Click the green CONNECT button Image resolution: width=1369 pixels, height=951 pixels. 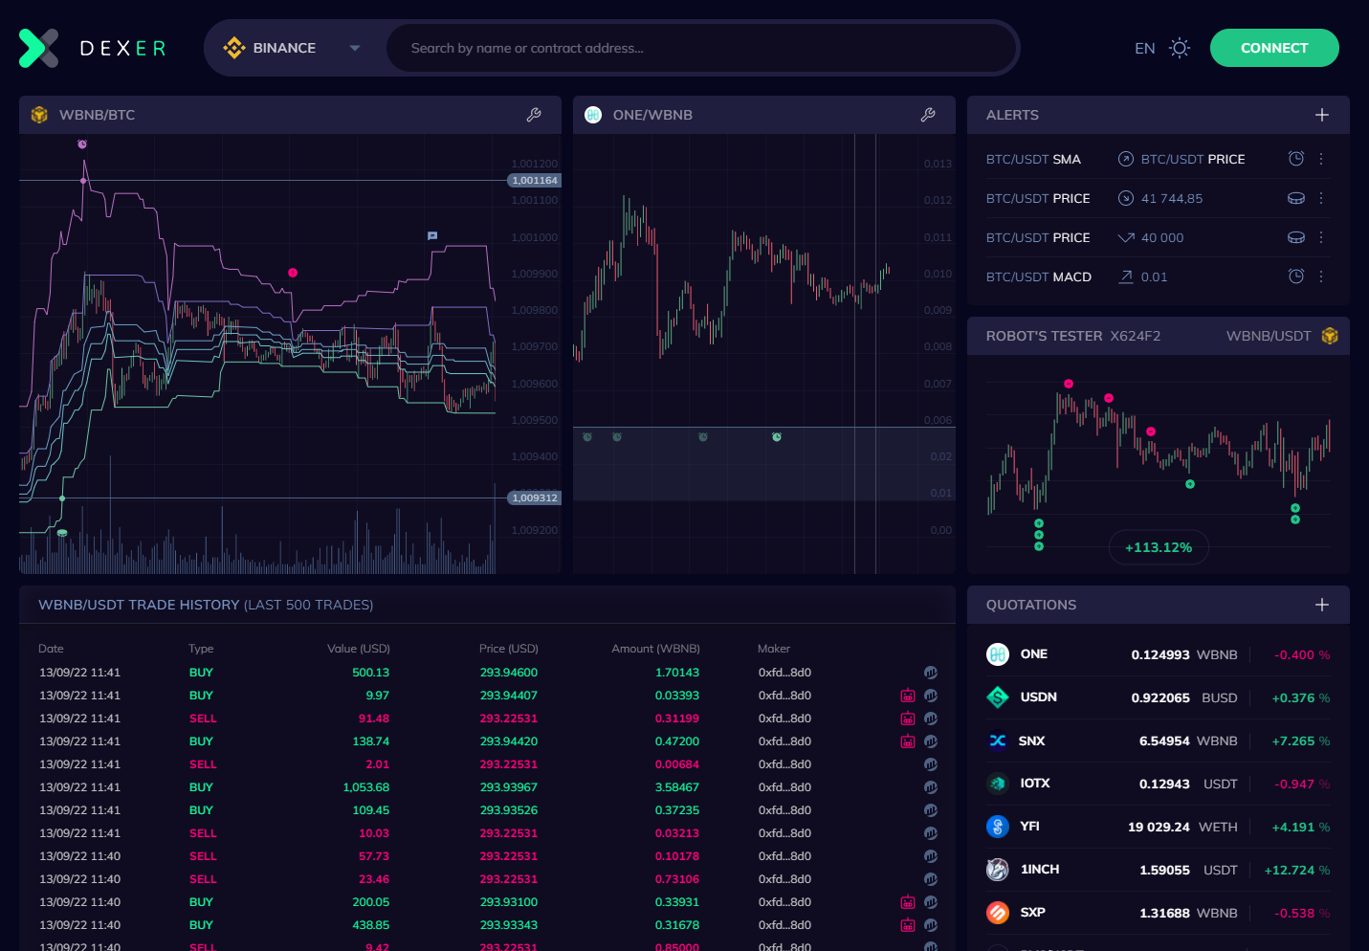(1273, 48)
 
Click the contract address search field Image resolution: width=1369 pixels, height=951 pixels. (698, 48)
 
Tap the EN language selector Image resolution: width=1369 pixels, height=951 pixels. (1144, 48)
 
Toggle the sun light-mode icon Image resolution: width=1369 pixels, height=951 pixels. (1180, 48)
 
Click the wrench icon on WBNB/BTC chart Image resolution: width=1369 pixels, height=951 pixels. (534, 115)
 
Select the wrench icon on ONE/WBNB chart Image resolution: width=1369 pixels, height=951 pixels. (927, 115)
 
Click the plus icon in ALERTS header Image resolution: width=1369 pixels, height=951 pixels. (1321, 115)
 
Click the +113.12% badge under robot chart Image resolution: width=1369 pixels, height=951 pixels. (1158, 547)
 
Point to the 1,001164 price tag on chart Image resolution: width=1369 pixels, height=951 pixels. (534, 180)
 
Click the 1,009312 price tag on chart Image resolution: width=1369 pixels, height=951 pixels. (534, 498)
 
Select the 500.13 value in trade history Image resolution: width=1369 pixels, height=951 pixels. (370, 673)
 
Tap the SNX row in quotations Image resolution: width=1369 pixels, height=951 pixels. (1158, 741)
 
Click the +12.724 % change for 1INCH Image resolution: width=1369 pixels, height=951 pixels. (1296, 870)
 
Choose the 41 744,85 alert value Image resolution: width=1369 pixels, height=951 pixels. (1171, 198)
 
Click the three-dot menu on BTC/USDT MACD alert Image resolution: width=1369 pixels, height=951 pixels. (1321, 276)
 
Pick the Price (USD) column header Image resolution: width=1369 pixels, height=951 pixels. (508, 649)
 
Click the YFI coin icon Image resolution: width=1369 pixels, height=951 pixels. (998, 827)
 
